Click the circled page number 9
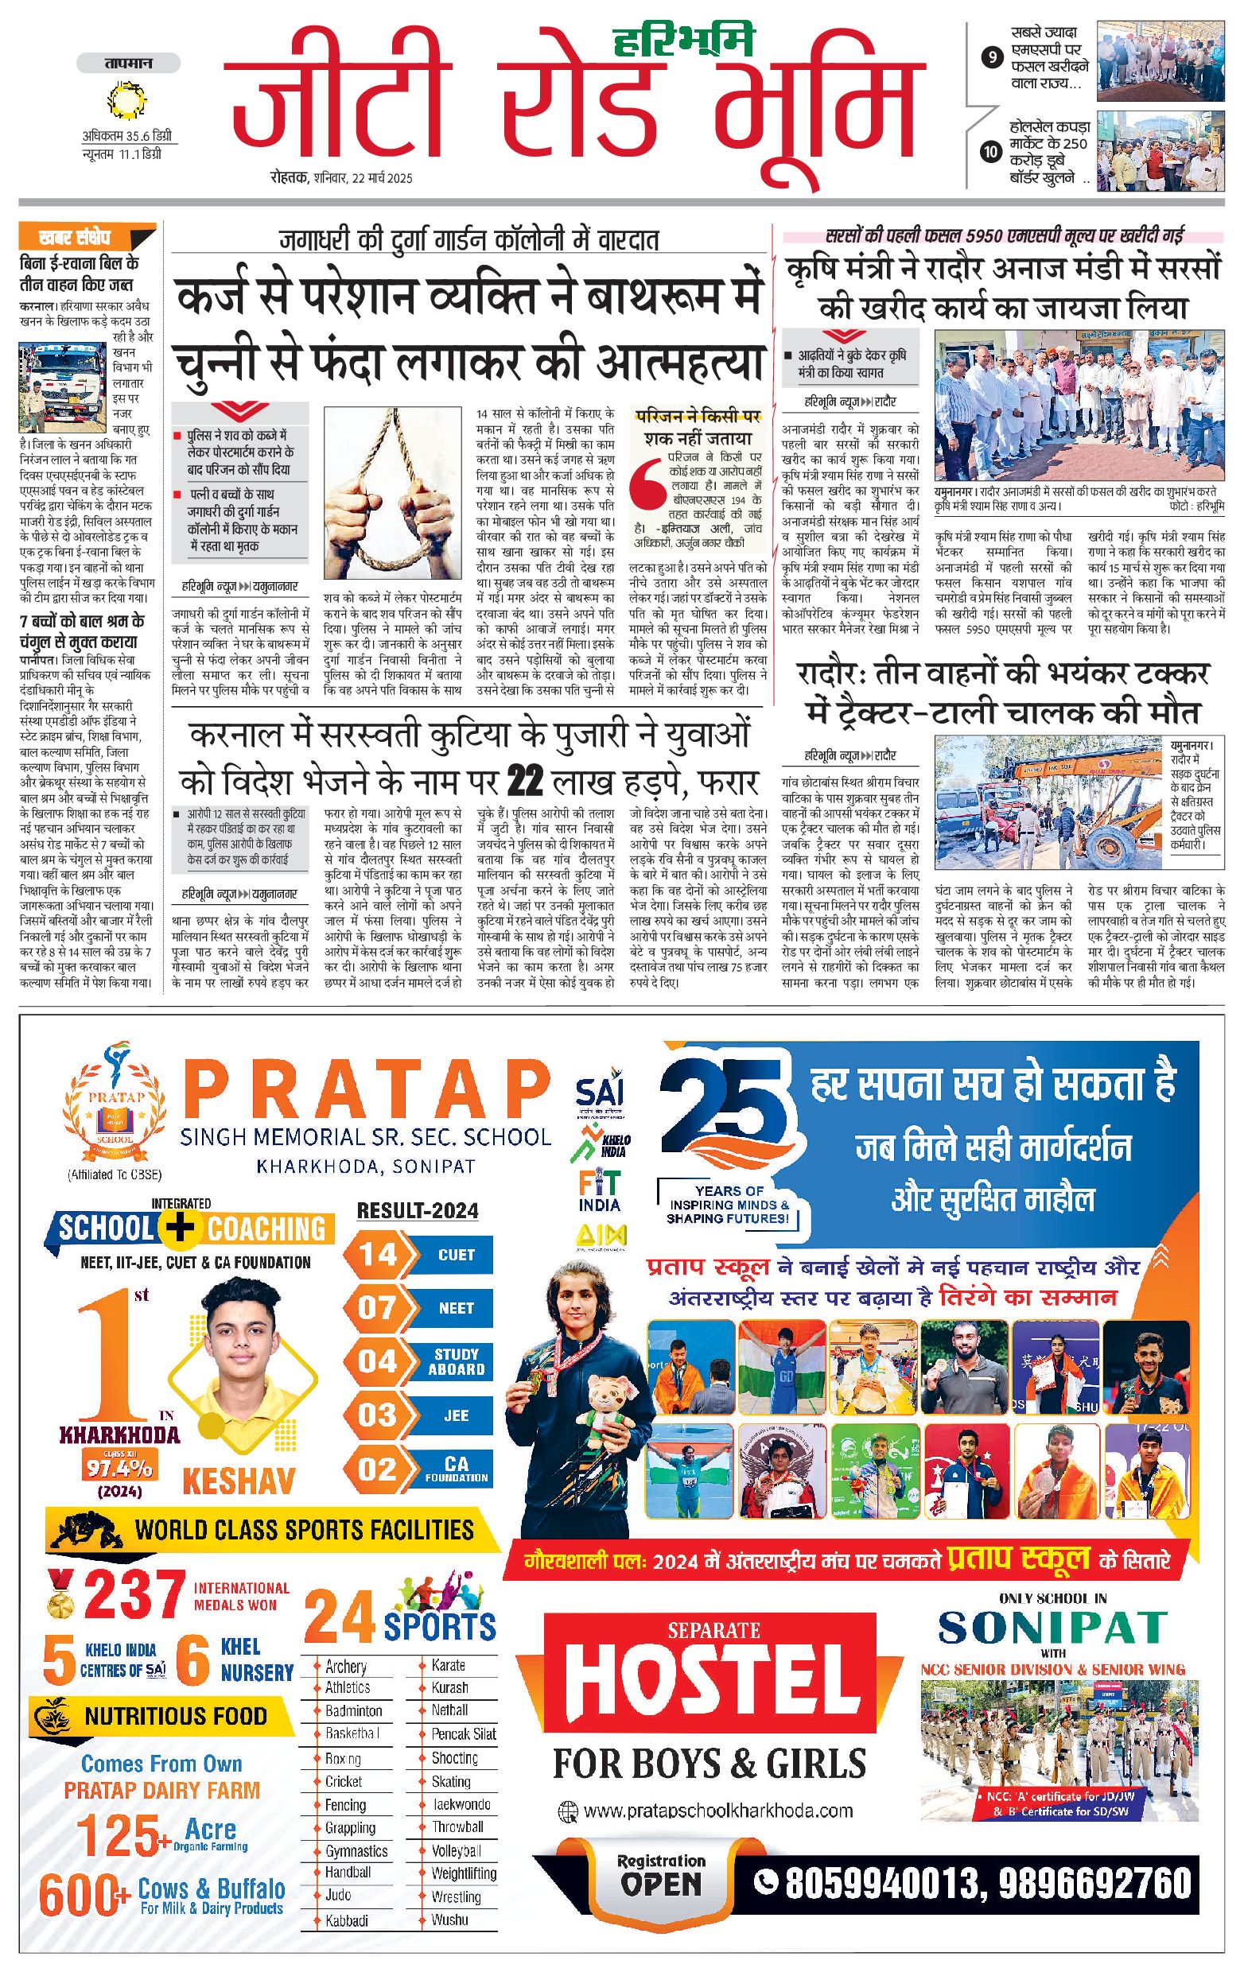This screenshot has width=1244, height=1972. point(993,57)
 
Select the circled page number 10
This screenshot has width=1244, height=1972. point(992,152)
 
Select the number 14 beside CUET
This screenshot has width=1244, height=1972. point(376,1255)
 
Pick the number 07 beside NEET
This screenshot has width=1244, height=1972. point(376,1308)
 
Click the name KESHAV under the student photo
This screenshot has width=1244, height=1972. point(239,1481)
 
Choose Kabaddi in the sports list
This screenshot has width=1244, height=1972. point(347,1920)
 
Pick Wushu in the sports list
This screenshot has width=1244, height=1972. point(449,1920)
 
